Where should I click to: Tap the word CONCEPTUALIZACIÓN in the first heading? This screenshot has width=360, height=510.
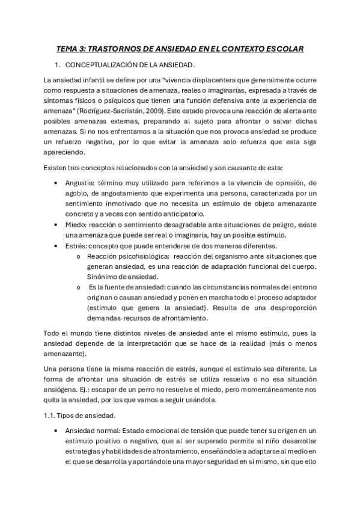[x=101, y=64]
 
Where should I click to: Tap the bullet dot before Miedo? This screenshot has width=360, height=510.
[x=55, y=224]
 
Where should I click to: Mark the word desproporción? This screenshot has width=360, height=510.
[x=283, y=309]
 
